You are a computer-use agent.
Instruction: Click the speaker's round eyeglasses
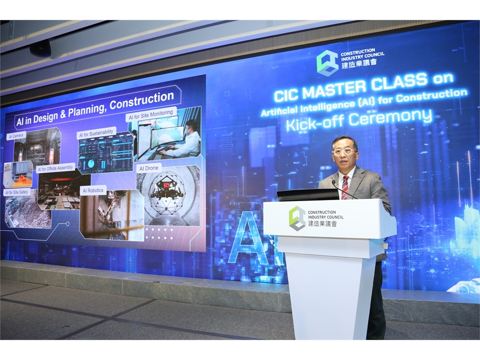tap(345, 151)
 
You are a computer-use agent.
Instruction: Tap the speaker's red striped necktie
tap(345, 187)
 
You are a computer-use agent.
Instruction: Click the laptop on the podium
tap(307, 195)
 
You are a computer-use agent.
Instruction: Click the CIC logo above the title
tap(327, 62)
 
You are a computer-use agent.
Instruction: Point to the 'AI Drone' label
tap(149, 169)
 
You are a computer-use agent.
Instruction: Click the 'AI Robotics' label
tap(93, 190)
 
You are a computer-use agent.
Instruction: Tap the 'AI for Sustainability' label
tap(96, 133)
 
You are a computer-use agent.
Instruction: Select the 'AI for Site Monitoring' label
tap(151, 115)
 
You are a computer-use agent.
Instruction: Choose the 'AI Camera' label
tap(16, 136)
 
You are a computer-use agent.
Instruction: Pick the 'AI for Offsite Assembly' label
tap(55, 169)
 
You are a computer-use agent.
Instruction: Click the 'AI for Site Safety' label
tap(16, 192)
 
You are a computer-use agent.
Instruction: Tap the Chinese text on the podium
tap(322, 224)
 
